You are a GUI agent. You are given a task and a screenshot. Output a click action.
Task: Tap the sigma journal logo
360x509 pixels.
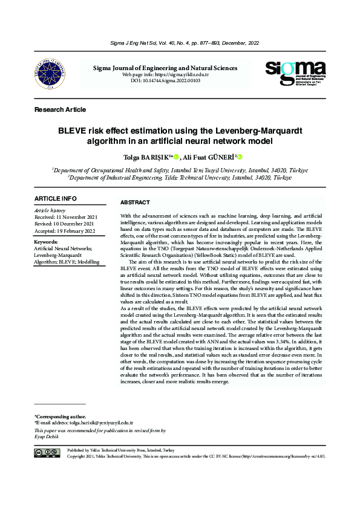[295, 75]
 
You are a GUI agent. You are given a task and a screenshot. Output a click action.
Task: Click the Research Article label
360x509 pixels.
[61, 109]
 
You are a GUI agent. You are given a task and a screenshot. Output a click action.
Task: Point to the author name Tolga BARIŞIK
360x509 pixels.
[145, 157]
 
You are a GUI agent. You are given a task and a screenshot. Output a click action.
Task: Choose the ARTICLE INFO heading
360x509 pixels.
[56, 198]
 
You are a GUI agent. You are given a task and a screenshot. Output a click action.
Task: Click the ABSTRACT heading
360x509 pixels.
[135, 202]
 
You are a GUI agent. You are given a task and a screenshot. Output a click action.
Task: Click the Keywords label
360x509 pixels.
[46, 242]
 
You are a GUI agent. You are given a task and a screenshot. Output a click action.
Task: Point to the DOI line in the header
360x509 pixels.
[165, 80]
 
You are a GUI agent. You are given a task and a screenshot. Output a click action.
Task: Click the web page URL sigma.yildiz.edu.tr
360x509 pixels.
[183, 74]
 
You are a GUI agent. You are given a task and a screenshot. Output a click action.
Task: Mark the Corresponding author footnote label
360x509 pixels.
[60, 417]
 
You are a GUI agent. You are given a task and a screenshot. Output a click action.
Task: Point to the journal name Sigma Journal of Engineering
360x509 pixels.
[165, 68]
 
